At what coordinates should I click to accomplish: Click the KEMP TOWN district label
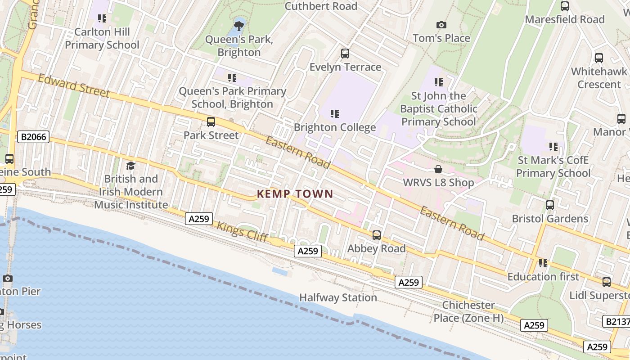point(295,194)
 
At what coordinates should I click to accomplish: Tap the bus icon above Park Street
point(211,122)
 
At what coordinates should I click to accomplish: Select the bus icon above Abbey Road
point(377,235)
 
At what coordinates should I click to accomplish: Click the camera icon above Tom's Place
point(441,25)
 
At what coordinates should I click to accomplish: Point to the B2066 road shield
point(33,137)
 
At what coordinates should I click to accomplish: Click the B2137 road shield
point(616,321)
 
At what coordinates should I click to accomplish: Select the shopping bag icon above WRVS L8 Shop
point(438,170)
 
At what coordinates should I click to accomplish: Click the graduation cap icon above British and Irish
point(130,166)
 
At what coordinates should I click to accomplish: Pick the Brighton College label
point(335,127)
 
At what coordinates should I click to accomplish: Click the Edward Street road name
point(73,85)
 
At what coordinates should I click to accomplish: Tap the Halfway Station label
point(338,297)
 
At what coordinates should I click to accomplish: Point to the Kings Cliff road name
point(243,232)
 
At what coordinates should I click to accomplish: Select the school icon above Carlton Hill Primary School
point(102,18)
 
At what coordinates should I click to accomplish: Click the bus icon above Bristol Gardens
point(549,205)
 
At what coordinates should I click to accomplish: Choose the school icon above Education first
point(543,263)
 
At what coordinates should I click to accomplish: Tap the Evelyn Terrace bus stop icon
point(345,54)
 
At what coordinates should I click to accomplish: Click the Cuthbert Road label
point(321,6)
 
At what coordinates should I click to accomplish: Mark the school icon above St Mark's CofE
point(553,147)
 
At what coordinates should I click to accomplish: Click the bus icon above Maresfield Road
point(564,6)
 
